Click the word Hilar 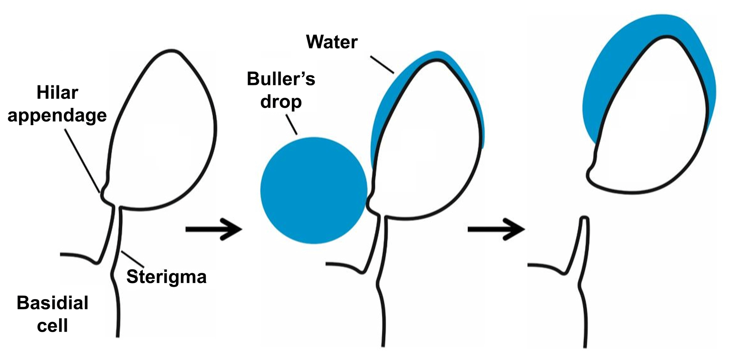coord(57,93)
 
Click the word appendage coord(57,116)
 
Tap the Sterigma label coord(166,276)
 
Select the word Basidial coord(52,303)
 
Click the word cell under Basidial coord(52,326)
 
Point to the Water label coord(332,42)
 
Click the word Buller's coord(281,79)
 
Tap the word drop coord(281,102)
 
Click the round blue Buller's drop coord(313,190)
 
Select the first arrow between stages coord(214,229)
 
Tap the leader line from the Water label coord(382,65)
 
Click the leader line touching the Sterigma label coord(133,259)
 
